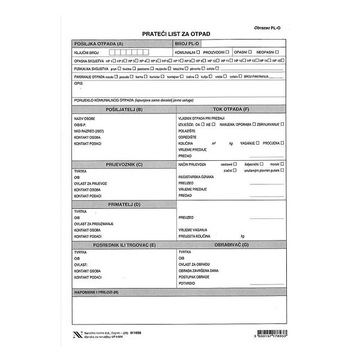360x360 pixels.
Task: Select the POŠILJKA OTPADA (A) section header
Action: click(x=98, y=44)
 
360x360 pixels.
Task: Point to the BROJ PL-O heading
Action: click(x=187, y=44)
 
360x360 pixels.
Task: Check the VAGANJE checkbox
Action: click(x=257, y=143)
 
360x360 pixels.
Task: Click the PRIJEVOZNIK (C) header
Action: click(x=123, y=164)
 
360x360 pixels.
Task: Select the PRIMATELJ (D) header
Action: click(x=123, y=205)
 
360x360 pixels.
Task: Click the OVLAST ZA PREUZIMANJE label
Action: click(x=94, y=224)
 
